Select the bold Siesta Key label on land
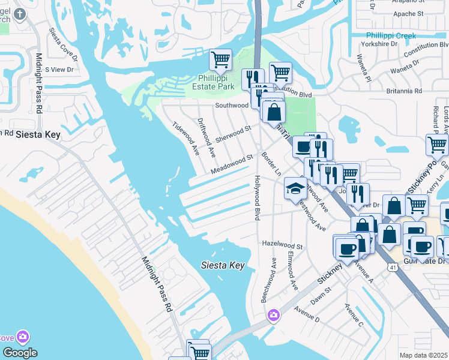coord(38,135)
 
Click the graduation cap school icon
coord(295,189)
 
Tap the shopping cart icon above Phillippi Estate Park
coord(220,60)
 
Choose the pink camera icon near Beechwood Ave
coord(274,314)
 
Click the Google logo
coord(20,353)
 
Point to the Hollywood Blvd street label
coord(257,198)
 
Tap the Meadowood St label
coord(231,166)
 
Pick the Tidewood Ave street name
coord(185,138)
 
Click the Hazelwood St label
coord(282,245)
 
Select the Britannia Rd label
coord(405,91)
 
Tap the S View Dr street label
coord(59,70)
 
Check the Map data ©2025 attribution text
coord(424,355)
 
